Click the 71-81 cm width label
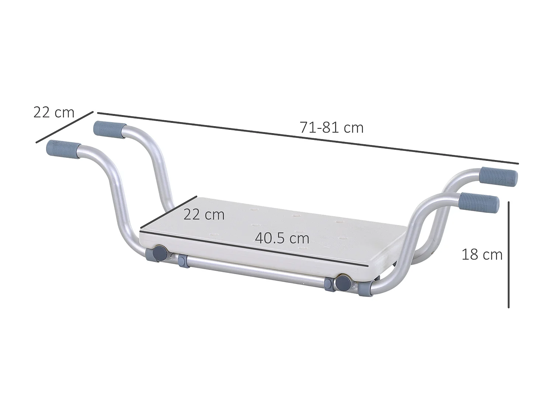(x=331, y=128)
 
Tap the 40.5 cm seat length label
(x=282, y=238)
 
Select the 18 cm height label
(x=482, y=255)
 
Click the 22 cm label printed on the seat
(x=204, y=214)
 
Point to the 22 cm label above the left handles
(x=54, y=112)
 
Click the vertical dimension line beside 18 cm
(x=508, y=255)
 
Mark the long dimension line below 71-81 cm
(x=308, y=138)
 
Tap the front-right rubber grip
(x=480, y=203)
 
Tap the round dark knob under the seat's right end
(x=344, y=282)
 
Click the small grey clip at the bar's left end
(x=182, y=261)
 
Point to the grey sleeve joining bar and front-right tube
(x=365, y=287)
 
